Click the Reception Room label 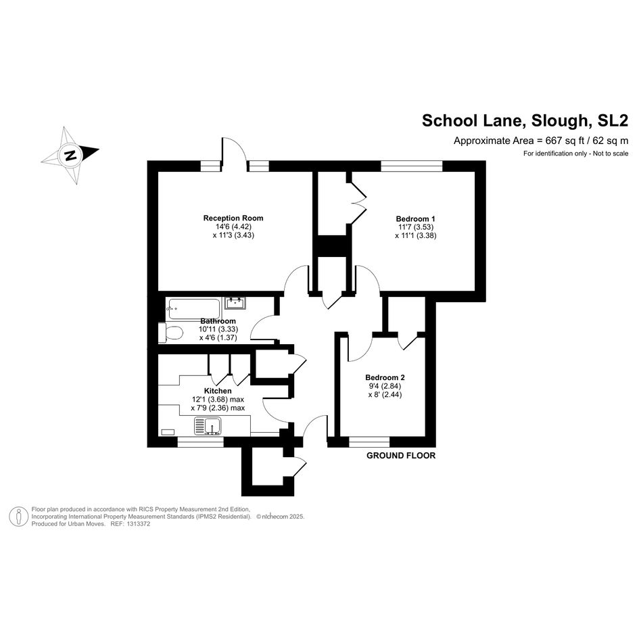click(233, 218)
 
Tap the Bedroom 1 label click(415, 219)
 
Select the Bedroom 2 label click(385, 377)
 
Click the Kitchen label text click(218, 391)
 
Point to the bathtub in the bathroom click(194, 309)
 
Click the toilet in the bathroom click(171, 333)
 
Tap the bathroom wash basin click(235, 303)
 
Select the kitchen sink click(208, 426)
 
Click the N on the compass click(71, 156)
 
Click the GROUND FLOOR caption click(401, 456)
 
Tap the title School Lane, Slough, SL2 click(525, 120)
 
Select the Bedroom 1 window click(412, 166)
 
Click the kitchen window click(201, 442)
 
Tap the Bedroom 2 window click(369, 442)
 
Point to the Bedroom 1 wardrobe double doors click(358, 203)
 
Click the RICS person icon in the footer click(19, 517)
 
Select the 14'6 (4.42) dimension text click(233, 227)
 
